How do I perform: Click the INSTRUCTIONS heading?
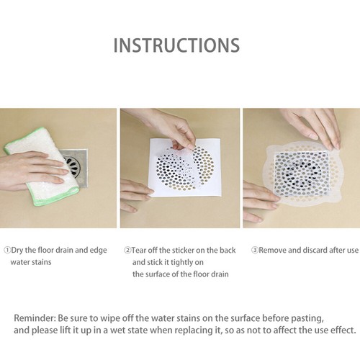176,45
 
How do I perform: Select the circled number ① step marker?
8,250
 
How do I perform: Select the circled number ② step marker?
127,250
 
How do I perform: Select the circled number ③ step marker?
254,250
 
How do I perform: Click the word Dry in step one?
19,250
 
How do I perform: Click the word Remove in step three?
274,250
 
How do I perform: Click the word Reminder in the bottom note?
36,318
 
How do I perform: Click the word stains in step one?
42,262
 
